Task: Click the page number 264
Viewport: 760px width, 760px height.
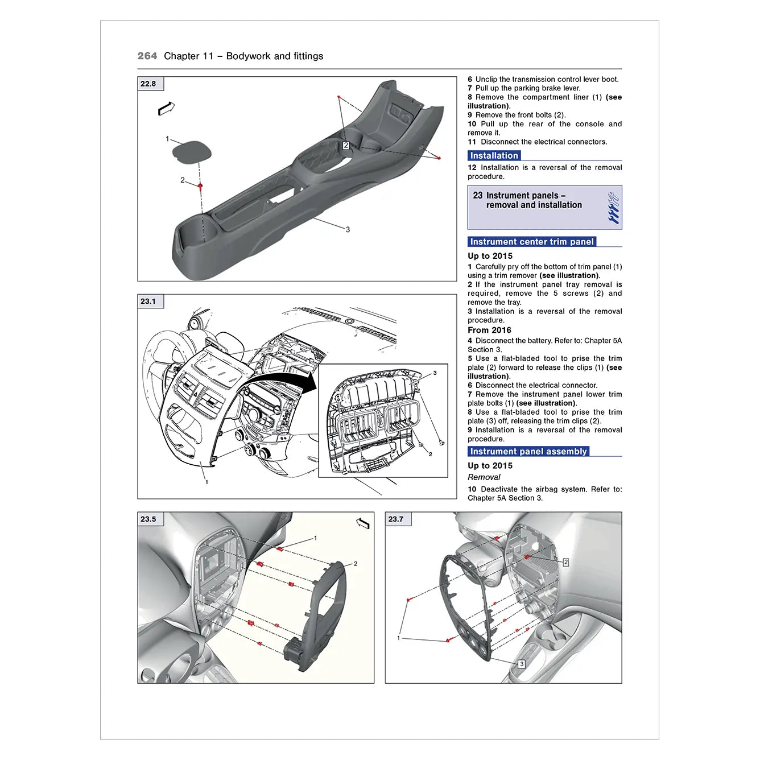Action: pyautogui.click(x=147, y=56)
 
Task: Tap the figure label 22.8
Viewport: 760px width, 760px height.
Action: pyautogui.click(x=148, y=84)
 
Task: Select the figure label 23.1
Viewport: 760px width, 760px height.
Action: pyautogui.click(x=148, y=301)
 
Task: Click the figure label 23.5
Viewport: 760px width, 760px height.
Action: pyautogui.click(x=148, y=519)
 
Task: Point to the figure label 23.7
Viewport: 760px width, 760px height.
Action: pyautogui.click(x=396, y=519)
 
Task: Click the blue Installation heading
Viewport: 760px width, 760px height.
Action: pyautogui.click(x=494, y=155)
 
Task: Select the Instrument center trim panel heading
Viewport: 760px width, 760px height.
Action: pyautogui.click(x=531, y=242)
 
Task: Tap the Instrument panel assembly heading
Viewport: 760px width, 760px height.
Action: pyautogui.click(x=528, y=452)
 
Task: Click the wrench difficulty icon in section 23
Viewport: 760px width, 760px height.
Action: pyautogui.click(x=613, y=208)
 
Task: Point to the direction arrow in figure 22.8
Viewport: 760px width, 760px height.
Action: pyautogui.click(x=166, y=108)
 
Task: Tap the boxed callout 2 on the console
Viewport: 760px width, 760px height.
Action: pyautogui.click(x=346, y=146)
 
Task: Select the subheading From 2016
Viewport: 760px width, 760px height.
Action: pyautogui.click(x=489, y=330)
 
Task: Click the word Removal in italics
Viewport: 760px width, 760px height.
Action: pyautogui.click(x=484, y=477)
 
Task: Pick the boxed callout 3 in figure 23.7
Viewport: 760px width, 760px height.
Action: pyautogui.click(x=522, y=664)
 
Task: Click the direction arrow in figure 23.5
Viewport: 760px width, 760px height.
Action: pyautogui.click(x=362, y=523)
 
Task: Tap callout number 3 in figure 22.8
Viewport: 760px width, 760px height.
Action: pyautogui.click(x=348, y=230)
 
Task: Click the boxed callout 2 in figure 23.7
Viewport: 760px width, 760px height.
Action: pyautogui.click(x=565, y=562)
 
